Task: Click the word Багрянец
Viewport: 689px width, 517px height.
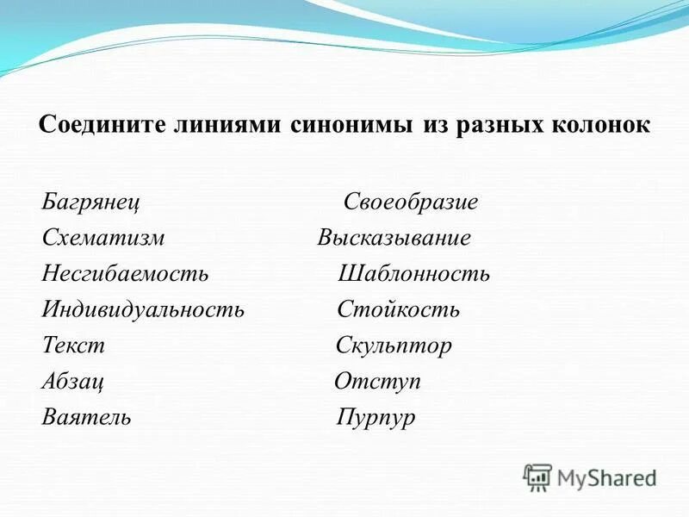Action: (x=91, y=203)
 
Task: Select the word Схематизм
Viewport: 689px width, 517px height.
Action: (x=102, y=239)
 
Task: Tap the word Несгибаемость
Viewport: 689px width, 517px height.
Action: (x=125, y=274)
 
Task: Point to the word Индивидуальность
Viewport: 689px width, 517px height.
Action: (x=143, y=309)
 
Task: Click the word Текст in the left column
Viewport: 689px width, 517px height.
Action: (x=73, y=346)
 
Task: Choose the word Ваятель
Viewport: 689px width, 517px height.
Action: (x=86, y=417)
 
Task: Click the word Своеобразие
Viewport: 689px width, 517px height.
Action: (x=411, y=203)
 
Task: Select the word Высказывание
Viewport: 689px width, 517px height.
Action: (x=394, y=239)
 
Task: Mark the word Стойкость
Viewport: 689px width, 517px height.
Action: (x=398, y=309)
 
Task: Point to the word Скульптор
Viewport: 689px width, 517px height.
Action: (x=394, y=346)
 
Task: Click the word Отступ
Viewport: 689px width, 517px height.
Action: (x=377, y=382)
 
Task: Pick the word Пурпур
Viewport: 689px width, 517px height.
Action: (x=376, y=418)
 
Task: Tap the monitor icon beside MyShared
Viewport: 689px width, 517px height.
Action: (x=537, y=477)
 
